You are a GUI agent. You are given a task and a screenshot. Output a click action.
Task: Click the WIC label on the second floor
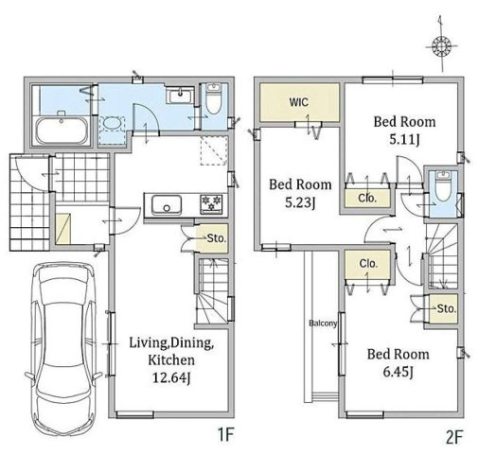(299, 102)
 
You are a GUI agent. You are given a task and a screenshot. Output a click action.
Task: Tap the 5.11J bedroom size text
(404, 139)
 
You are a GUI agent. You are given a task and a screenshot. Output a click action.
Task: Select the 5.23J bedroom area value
(300, 202)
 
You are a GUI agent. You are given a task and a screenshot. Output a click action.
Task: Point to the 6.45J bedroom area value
(398, 372)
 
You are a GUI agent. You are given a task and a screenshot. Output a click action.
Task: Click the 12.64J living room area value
(171, 377)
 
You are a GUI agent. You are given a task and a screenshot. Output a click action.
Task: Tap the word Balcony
(323, 323)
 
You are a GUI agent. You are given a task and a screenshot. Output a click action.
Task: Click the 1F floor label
(225, 436)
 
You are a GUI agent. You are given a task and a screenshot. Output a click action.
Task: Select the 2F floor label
(454, 437)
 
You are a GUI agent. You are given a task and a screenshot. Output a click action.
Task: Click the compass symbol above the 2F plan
(441, 46)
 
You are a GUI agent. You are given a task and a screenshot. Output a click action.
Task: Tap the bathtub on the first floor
(62, 131)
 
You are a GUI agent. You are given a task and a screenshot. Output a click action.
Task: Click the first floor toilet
(214, 98)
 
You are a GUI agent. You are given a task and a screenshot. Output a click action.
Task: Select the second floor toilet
(443, 186)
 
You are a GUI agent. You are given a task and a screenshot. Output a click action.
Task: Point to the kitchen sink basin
(167, 205)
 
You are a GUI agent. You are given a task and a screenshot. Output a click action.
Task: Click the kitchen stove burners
(211, 202)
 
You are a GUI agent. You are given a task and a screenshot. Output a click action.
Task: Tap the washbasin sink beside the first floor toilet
(180, 95)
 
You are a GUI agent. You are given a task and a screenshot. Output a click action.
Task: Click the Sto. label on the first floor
(217, 238)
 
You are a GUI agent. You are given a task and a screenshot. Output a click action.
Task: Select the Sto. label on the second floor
(447, 308)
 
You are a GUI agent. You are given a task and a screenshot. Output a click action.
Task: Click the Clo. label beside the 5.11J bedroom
(367, 199)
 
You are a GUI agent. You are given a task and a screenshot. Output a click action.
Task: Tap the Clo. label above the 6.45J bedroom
(368, 263)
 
